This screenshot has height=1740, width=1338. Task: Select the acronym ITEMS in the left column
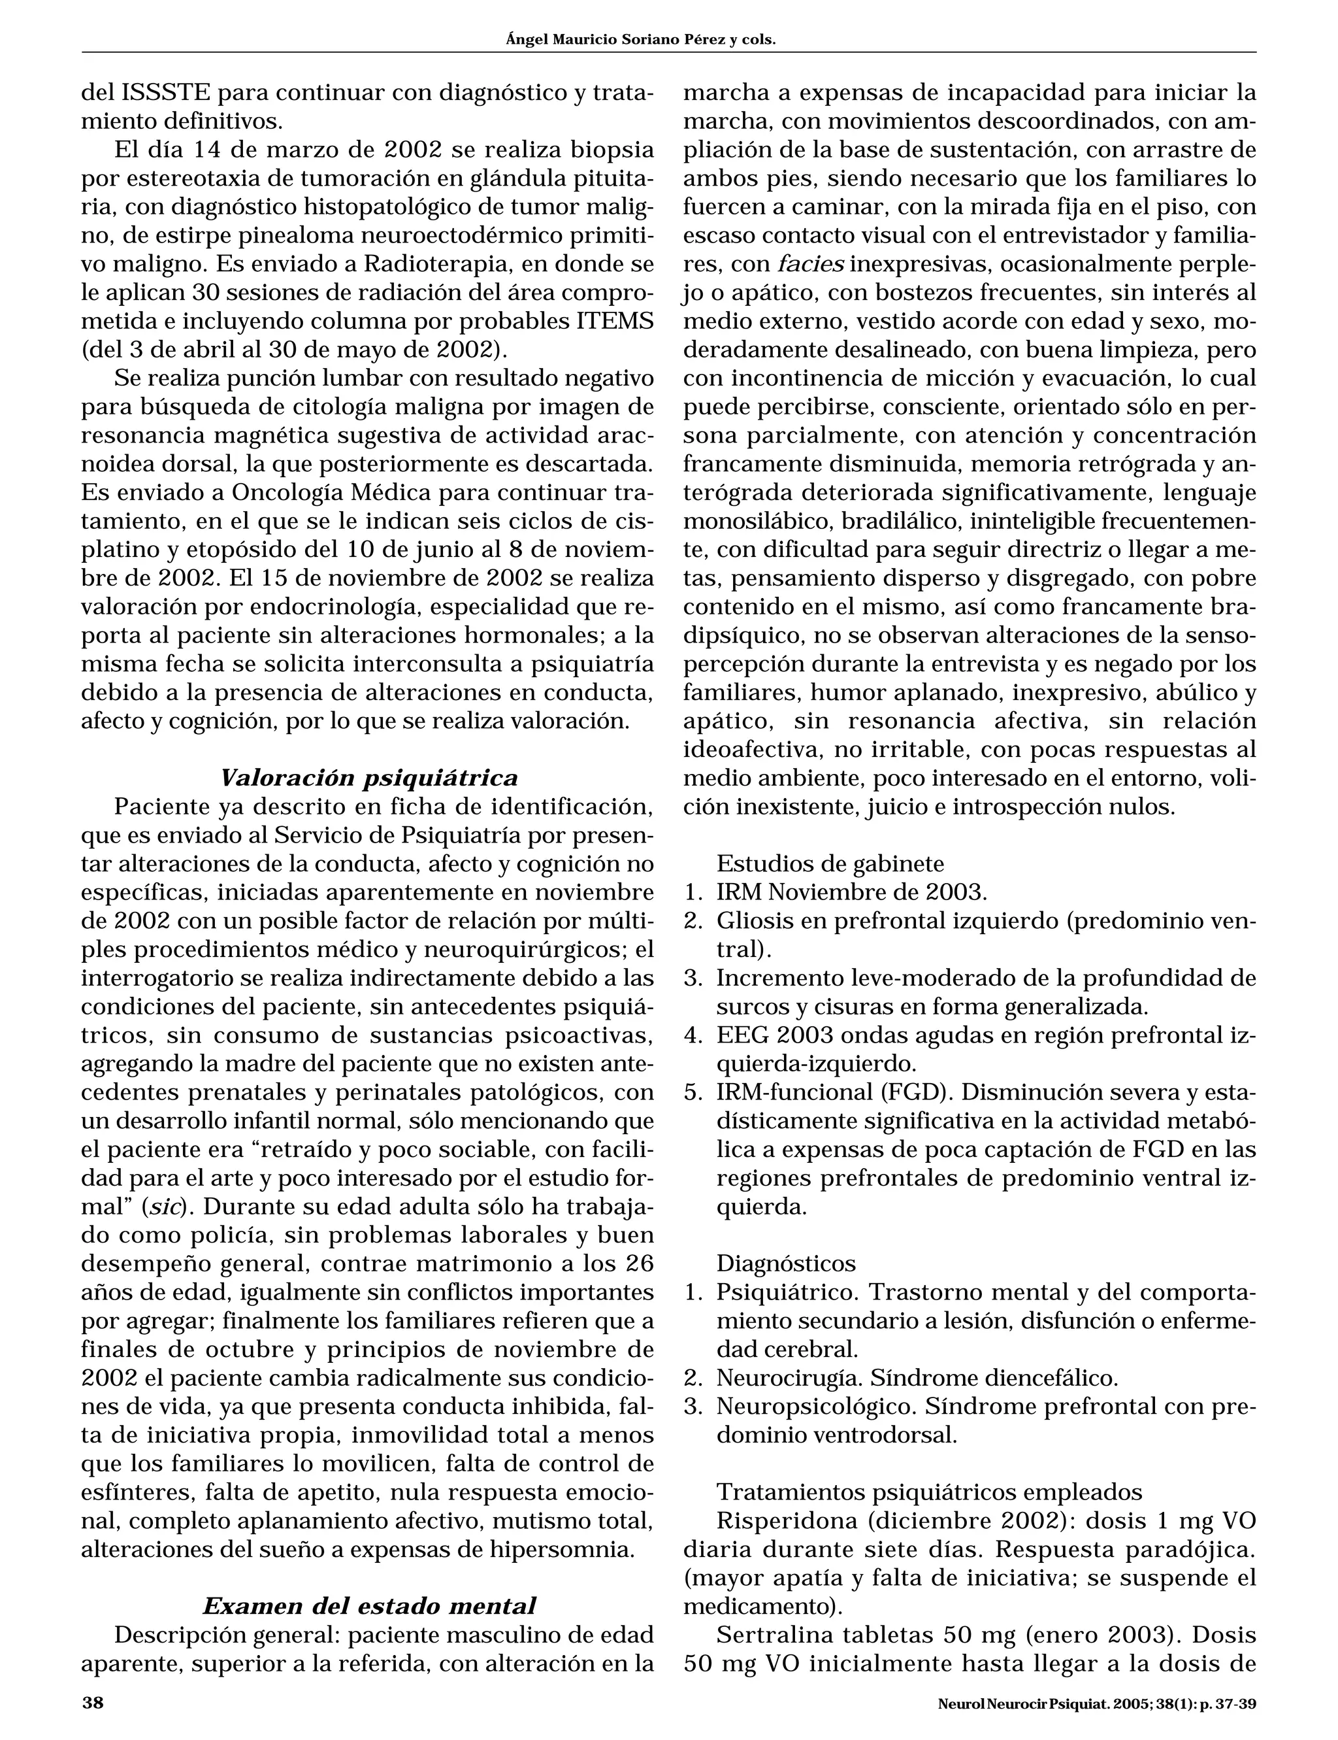point(614,322)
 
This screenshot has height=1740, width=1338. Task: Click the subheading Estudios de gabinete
point(830,863)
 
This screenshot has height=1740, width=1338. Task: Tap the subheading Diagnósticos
point(786,1263)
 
